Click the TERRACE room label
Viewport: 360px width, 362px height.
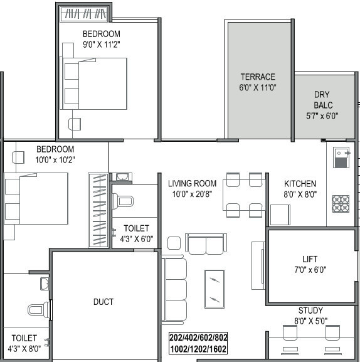[x=258, y=77]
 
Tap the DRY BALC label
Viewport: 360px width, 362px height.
[x=323, y=95]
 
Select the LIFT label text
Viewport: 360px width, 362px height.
[x=310, y=259]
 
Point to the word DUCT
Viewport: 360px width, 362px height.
[x=103, y=302]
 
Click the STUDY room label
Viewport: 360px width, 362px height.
[x=310, y=311]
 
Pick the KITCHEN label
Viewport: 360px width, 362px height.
[x=300, y=184]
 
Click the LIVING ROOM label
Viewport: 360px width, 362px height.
[x=192, y=184]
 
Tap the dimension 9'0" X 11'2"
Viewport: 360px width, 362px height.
[x=101, y=44]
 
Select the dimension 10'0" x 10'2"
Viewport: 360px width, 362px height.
[x=55, y=159]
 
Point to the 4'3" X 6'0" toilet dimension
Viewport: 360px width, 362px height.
[x=136, y=238]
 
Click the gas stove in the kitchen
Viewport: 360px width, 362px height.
[x=341, y=203]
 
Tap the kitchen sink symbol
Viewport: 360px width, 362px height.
[x=340, y=157]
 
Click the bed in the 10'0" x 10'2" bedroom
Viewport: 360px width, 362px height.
[x=36, y=198]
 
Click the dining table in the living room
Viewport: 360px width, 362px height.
[x=244, y=195]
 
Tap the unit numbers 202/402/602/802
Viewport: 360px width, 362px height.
[x=198, y=338]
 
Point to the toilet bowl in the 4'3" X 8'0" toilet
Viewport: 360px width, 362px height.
[x=36, y=309]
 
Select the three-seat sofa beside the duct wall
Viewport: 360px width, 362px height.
[x=174, y=289]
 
